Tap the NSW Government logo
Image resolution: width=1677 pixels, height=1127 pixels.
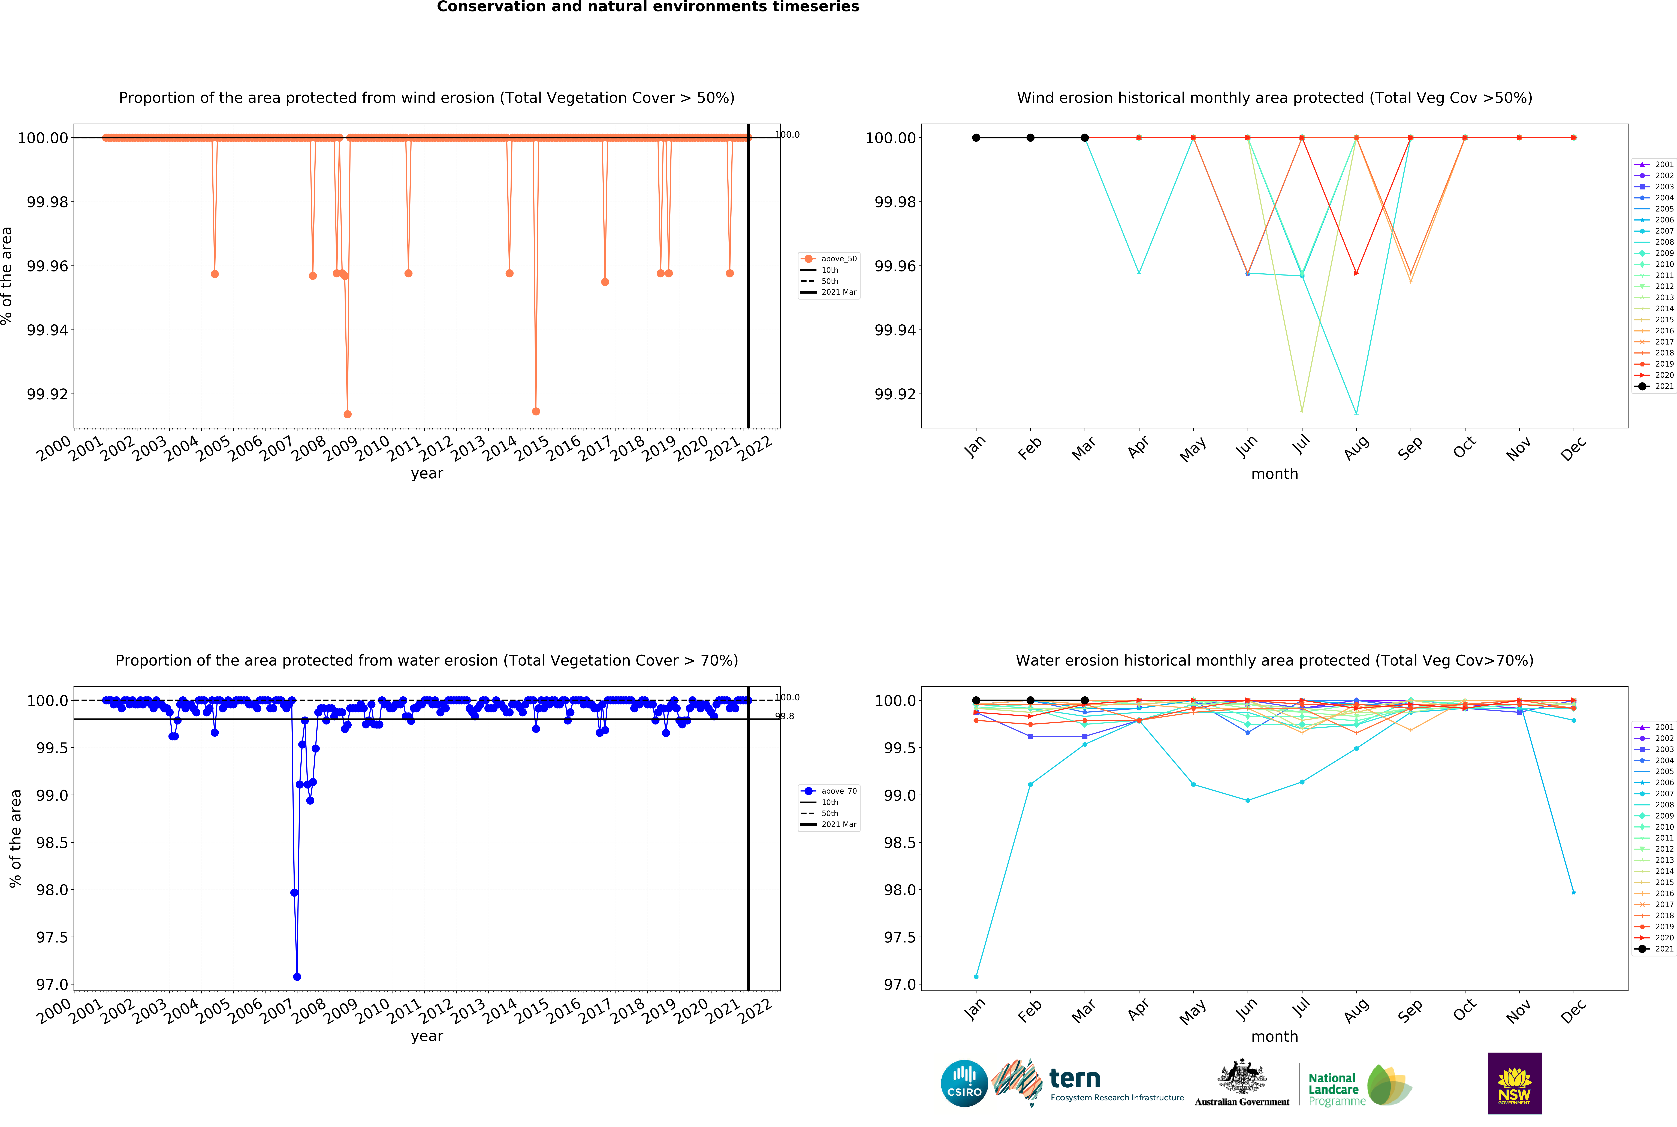pos(1514,1083)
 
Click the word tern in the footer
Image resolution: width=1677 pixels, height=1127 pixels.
pos(1075,1078)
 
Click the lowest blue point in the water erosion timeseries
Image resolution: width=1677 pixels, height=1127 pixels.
pos(297,977)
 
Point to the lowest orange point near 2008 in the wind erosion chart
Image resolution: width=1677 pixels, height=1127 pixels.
pos(347,414)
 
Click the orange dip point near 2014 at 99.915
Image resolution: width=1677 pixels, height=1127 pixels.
pos(536,411)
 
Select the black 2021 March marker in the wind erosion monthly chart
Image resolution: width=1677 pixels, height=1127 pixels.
pos(1085,137)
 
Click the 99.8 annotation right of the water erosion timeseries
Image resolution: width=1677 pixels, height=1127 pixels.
pos(784,716)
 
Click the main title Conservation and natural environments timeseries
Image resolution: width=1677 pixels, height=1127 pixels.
pos(648,7)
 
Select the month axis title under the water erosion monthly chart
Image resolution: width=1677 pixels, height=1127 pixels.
pos(1274,1037)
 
